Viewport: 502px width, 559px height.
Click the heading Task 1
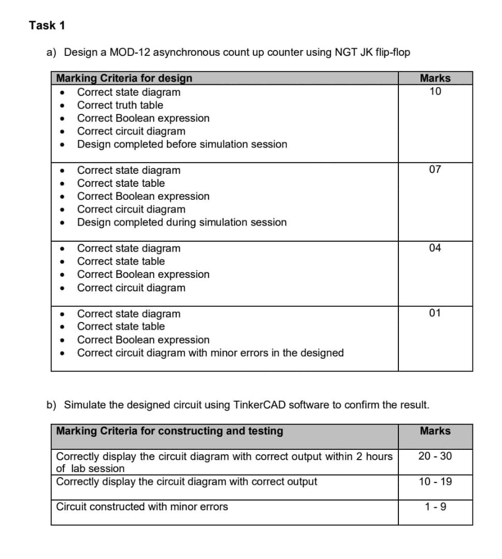pos(47,25)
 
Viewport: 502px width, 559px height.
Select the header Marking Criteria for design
pos(124,78)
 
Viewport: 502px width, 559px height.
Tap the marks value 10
pos(435,92)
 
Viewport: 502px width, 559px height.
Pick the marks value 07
pos(435,170)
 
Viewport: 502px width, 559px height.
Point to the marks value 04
pos(435,248)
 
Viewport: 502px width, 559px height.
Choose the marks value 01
pos(435,313)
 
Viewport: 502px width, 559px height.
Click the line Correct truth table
pos(120,105)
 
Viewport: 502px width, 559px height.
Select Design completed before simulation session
pos(182,144)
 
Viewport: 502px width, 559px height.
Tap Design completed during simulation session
pos(181,223)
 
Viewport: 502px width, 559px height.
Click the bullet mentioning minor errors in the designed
pos(210,353)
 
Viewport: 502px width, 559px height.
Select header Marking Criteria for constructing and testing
pos(169,431)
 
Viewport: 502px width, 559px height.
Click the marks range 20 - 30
pos(435,456)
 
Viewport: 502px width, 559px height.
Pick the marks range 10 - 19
pos(435,482)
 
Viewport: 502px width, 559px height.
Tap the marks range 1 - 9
pos(435,507)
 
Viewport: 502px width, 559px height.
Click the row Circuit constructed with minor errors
pos(142,507)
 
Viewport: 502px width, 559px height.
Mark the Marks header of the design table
pos(435,78)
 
